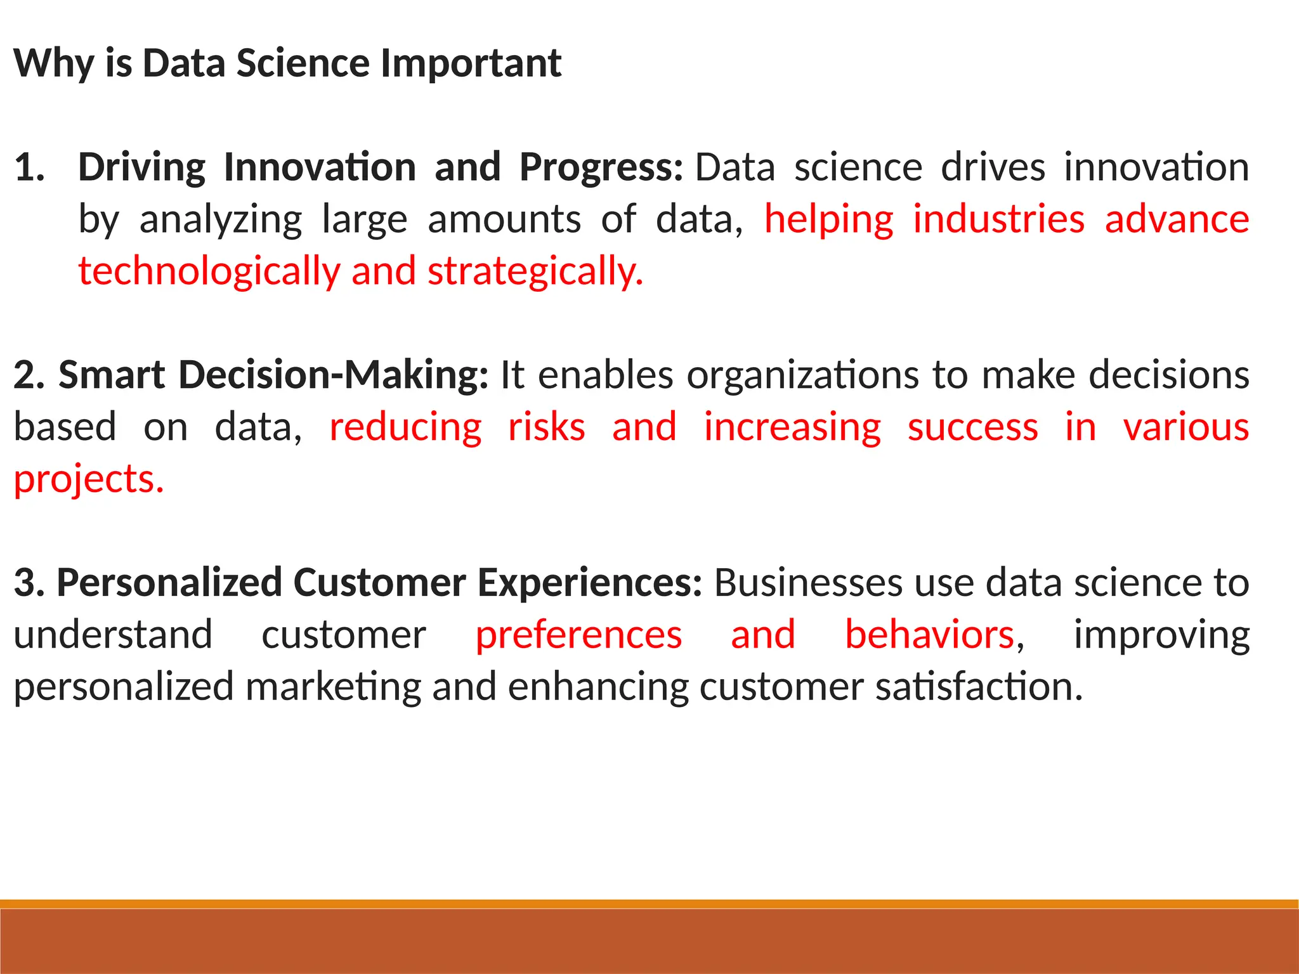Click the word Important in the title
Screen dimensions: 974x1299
(x=471, y=64)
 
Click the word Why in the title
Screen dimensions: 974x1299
(x=54, y=64)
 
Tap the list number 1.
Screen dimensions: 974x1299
(x=30, y=168)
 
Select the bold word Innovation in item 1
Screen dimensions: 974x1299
(x=320, y=168)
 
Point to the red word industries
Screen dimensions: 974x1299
(x=999, y=220)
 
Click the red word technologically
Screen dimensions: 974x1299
(x=209, y=272)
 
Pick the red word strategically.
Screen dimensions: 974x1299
(x=535, y=272)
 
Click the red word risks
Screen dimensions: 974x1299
(x=546, y=427)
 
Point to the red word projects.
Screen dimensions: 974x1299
(x=89, y=480)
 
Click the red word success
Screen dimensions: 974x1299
(x=972, y=427)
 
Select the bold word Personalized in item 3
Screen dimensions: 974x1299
(x=169, y=583)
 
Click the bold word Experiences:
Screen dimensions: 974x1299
(x=589, y=583)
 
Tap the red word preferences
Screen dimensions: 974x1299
(x=578, y=635)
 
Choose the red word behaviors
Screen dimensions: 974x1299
(x=929, y=635)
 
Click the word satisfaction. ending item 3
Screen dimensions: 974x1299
(x=979, y=687)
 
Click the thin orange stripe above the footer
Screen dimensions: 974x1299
(x=649, y=904)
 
